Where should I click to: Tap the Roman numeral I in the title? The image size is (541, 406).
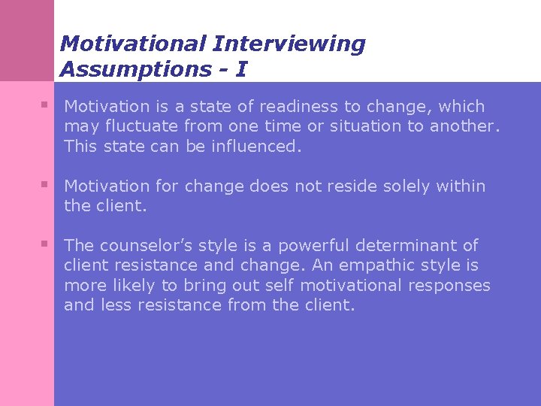240,69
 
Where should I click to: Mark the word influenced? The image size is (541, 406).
255,146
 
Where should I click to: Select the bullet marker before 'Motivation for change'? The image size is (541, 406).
46,183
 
